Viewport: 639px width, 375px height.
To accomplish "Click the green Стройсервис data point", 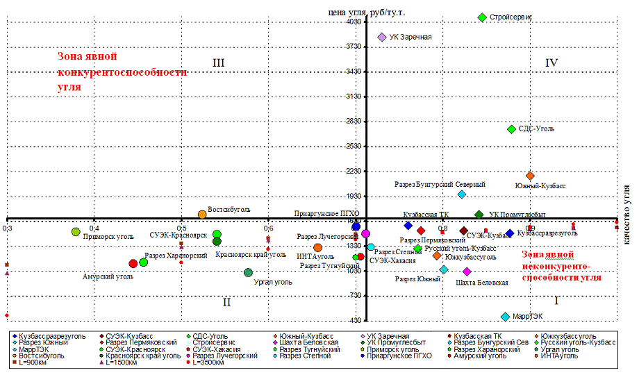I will point(482,17).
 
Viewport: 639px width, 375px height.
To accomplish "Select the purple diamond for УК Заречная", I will point(381,37).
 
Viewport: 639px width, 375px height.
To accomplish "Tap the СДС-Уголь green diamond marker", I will point(512,129).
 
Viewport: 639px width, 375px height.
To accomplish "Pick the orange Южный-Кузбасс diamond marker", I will point(530,176).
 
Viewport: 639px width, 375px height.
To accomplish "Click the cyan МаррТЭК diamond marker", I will point(505,317).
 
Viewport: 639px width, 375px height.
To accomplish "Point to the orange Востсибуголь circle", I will point(202,215).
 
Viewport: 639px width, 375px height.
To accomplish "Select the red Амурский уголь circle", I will point(133,264).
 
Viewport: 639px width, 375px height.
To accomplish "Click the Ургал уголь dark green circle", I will point(248,272).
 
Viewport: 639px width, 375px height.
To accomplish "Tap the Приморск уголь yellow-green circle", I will point(76,232).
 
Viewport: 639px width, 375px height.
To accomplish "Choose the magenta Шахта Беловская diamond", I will point(467,272).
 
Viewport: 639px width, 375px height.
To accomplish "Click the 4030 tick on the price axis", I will point(354,22).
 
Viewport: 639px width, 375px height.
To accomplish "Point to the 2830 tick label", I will point(354,122).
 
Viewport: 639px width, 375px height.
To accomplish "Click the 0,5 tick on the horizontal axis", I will point(181,228).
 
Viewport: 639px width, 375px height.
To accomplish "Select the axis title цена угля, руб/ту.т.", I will point(367,12).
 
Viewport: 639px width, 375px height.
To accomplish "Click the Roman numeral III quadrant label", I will point(218,63).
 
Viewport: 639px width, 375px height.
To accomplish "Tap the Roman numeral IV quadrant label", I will point(551,63).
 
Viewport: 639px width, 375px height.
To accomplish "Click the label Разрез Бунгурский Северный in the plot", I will point(440,185).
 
